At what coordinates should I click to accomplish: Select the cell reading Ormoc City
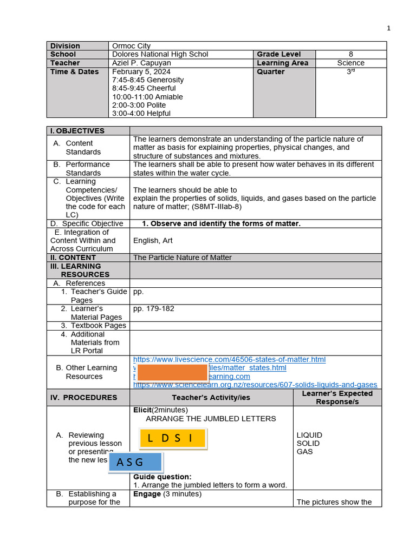point(131,46)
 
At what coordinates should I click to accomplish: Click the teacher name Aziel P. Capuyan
point(141,63)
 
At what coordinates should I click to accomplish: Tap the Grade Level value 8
point(351,54)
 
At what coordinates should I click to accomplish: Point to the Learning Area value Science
point(350,63)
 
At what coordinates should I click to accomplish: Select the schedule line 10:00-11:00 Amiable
point(147,97)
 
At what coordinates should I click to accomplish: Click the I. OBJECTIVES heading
point(77,131)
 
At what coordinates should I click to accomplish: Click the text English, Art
point(153,240)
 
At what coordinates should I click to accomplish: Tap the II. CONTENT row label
point(73,258)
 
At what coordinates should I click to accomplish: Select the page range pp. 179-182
point(154,309)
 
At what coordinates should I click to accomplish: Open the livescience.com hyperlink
point(229,359)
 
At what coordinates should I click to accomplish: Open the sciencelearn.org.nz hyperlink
point(255,385)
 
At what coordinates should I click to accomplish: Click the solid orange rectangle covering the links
point(173,373)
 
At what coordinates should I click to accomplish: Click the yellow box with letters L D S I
point(172,439)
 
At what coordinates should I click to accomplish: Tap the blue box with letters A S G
point(135,462)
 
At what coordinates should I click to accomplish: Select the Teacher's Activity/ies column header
point(211,398)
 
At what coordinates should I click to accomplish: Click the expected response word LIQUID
point(309,435)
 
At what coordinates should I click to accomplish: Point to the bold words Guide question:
point(162,477)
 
